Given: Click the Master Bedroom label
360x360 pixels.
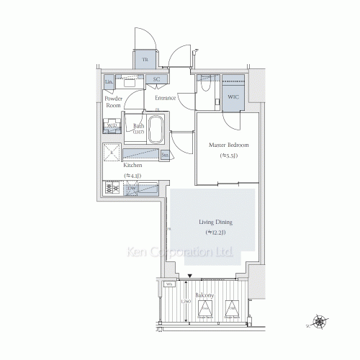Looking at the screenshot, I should click(224, 145).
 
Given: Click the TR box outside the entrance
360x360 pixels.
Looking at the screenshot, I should click(144, 60).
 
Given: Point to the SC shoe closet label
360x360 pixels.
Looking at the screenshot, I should click(156, 81).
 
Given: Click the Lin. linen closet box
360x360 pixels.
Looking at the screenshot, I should click(109, 82).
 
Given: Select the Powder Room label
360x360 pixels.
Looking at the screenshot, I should click(114, 102).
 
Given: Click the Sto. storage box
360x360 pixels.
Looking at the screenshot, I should click(165, 154).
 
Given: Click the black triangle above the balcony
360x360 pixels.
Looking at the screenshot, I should click(189, 276).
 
